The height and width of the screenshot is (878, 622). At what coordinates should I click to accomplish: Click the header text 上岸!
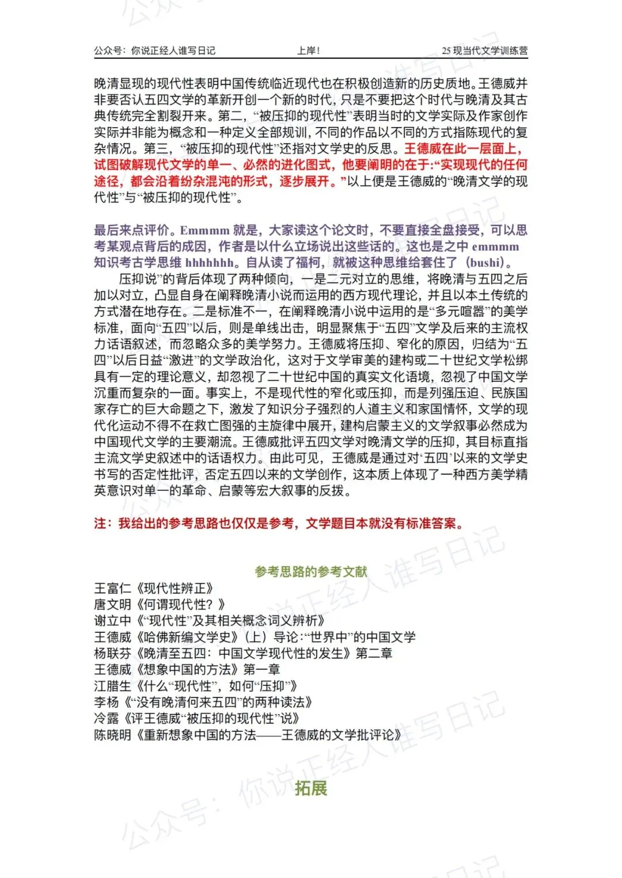(x=308, y=51)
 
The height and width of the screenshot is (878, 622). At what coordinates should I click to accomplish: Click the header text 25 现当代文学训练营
(x=484, y=51)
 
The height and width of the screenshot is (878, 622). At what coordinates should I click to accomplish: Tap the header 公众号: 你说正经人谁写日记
(x=154, y=51)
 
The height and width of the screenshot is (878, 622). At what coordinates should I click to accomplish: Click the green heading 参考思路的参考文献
(x=311, y=571)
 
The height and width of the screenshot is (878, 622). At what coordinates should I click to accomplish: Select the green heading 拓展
(x=311, y=788)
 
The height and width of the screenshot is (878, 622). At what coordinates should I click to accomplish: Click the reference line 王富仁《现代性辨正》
(x=154, y=588)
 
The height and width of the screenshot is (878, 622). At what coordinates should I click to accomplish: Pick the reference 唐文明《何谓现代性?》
(x=160, y=604)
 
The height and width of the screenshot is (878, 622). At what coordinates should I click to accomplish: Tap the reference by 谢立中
(x=210, y=621)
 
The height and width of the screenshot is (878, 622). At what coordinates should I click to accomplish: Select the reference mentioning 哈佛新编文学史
(x=255, y=637)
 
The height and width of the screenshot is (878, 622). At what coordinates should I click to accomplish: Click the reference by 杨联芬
(x=243, y=653)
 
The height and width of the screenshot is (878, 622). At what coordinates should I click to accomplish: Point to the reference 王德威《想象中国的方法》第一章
(x=187, y=669)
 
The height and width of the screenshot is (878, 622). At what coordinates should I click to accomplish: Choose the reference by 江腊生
(x=196, y=686)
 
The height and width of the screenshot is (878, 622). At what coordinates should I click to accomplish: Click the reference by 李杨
(x=203, y=702)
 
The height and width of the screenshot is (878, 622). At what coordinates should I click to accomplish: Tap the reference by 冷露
(x=197, y=718)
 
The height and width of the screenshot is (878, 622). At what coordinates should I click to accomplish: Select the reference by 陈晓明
(x=248, y=735)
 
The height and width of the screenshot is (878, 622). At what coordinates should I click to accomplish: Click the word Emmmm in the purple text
(x=204, y=231)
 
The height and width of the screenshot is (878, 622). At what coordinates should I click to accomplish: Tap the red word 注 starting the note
(x=100, y=524)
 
